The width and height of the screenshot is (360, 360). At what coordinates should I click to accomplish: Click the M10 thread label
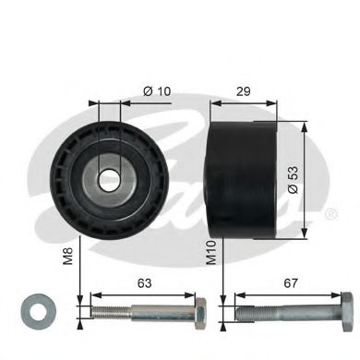tap(211, 251)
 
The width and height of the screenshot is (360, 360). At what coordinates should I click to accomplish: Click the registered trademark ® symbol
tap(329, 214)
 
